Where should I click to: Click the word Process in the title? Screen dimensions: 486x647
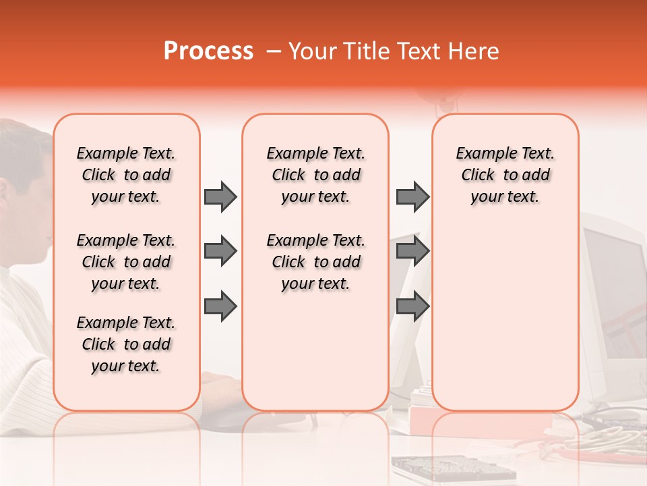pos(208,51)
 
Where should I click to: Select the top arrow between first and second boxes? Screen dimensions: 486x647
pos(220,196)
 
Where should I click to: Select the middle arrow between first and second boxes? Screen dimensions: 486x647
pos(220,252)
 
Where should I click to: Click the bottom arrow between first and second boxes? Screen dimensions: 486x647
pos(220,306)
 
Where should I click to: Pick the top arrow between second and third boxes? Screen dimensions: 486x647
pos(412,196)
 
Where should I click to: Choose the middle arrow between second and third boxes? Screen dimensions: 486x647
pos(412,252)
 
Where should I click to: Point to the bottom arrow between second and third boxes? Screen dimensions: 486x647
pos(412,306)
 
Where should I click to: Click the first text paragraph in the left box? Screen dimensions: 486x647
pos(126,175)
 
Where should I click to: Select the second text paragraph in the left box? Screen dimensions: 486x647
pos(126,262)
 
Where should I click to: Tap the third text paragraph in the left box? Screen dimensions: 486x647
pos(126,344)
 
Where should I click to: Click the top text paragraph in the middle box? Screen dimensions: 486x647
pos(316,175)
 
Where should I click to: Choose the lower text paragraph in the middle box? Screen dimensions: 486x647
pos(316,262)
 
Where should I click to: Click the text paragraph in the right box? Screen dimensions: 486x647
pos(505,175)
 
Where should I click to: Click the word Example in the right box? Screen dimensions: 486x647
pos(481,154)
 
